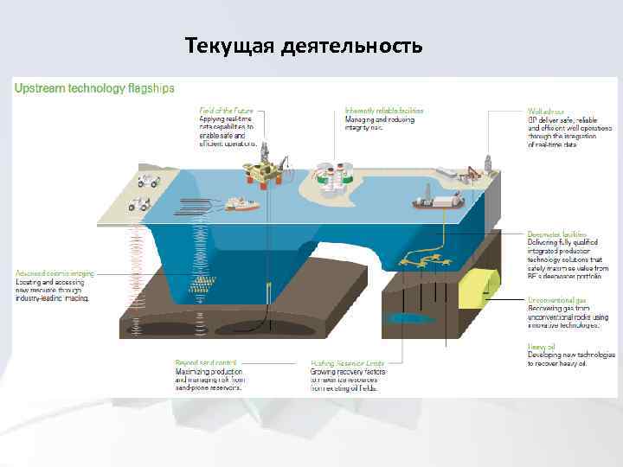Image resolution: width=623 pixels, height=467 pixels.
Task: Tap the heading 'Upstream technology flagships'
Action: pos(94,88)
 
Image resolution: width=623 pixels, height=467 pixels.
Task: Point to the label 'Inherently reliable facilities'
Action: pos(383,112)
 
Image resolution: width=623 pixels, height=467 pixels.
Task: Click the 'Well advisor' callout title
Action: pos(547,112)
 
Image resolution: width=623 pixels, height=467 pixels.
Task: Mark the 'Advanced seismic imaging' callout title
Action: pos(53,273)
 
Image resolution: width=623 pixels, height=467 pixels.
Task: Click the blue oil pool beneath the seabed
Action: pos(408,317)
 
